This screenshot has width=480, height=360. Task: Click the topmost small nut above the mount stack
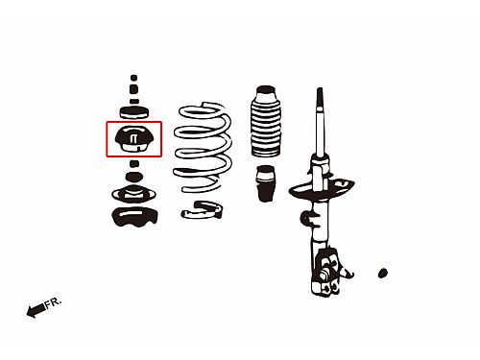click(x=133, y=78)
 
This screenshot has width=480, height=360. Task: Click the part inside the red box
click(x=134, y=138)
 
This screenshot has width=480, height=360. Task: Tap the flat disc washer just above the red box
click(x=134, y=112)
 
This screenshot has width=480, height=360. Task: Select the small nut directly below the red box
click(x=134, y=164)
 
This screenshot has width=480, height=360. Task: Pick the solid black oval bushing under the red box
click(x=134, y=177)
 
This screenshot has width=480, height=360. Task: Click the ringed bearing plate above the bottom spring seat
click(x=133, y=194)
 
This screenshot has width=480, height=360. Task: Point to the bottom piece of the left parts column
click(x=134, y=217)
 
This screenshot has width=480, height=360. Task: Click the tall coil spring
click(x=203, y=148)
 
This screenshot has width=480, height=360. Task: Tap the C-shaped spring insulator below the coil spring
click(x=202, y=210)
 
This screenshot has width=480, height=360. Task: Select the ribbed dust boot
click(x=266, y=121)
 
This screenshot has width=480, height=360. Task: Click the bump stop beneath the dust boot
click(x=266, y=183)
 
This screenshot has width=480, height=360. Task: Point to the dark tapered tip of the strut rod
click(x=320, y=99)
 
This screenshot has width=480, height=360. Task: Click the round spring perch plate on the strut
click(x=322, y=189)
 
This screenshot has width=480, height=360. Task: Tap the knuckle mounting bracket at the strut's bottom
click(x=329, y=272)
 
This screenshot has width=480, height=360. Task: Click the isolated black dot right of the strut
click(x=383, y=273)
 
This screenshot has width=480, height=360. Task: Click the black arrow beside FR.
click(x=36, y=310)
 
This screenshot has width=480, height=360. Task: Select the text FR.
click(x=53, y=302)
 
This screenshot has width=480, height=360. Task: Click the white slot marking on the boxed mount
click(x=133, y=139)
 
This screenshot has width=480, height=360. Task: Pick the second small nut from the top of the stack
click(x=134, y=89)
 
